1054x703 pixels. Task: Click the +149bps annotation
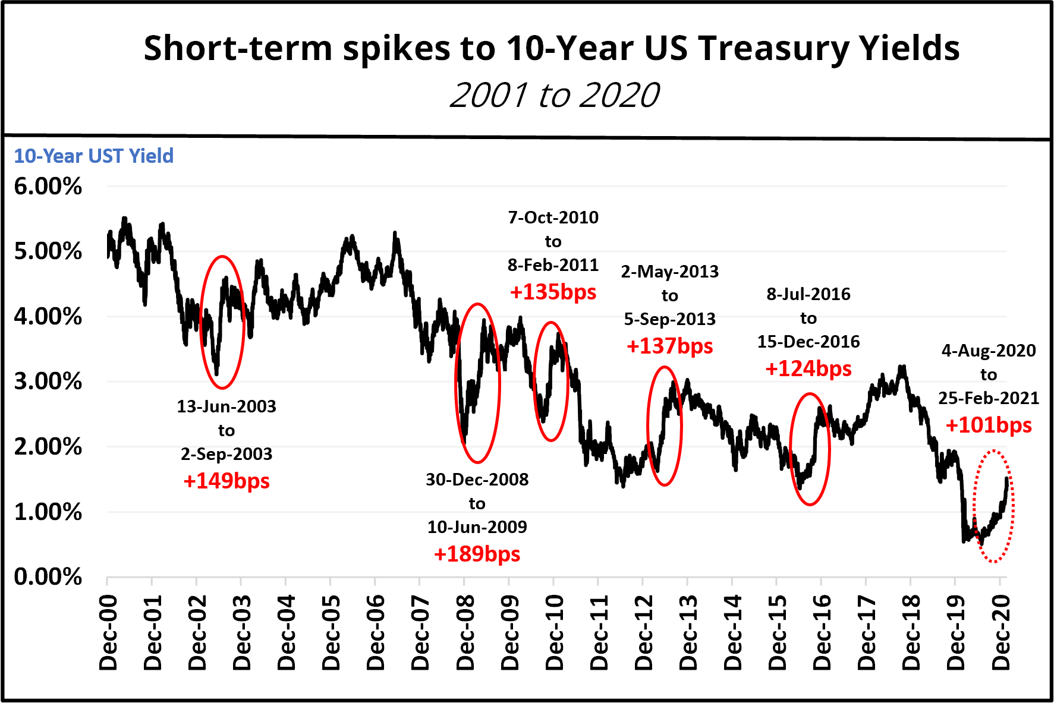(x=226, y=481)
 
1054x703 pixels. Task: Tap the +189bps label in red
(x=477, y=554)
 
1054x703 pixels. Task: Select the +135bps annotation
(x=553, y=292)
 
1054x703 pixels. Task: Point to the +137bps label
(x=669, y=346)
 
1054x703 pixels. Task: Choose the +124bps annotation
(x=808, y=368)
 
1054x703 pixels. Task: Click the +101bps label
(x=988, y=425)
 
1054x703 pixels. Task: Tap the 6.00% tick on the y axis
(x=48, y=187)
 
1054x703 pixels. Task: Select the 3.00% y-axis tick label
(x=48, y=382)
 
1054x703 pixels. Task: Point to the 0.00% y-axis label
(x=48, y=576)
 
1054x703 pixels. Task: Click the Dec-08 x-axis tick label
(x=465, y=632)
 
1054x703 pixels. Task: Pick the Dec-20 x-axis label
(x=1001, y=632)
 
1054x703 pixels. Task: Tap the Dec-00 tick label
(x=108, y=632)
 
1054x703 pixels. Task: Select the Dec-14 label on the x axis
(x=733, y=632)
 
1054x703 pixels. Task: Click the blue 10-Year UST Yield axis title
(x=94, y=156)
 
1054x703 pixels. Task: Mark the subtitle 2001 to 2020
(x=554, y=95)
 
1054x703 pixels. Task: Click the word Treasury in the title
(x=769, y=49)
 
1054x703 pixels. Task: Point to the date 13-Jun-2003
(x=226, y=406)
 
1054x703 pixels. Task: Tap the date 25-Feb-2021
(x=988, y=398)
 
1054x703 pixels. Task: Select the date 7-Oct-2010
(x=553, y=217)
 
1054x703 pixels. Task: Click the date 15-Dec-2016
(x=808, y=342)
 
